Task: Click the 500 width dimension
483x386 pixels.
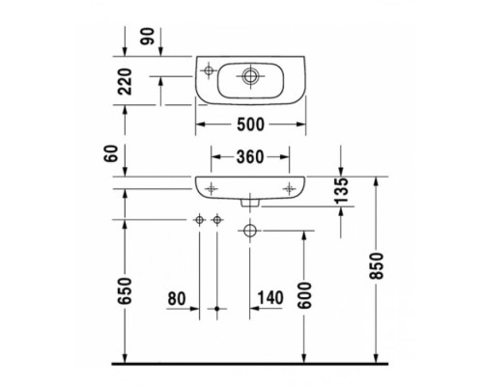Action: pyautogui.click(x=251, y=124)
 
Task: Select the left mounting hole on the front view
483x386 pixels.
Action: pyautogui.click(x=212, y=183)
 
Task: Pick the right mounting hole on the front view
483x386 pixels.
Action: pyautogui.click(x=290, y=183)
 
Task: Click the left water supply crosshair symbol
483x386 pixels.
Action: pyautogui.click(x=200, y=222)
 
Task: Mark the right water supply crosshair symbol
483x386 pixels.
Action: pyautogui.click(x=217, y=222)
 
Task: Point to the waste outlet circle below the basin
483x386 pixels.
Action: pyautogui.click(x=250, y=231)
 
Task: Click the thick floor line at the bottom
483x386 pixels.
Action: pyautogui.click(x=251, y=364)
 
